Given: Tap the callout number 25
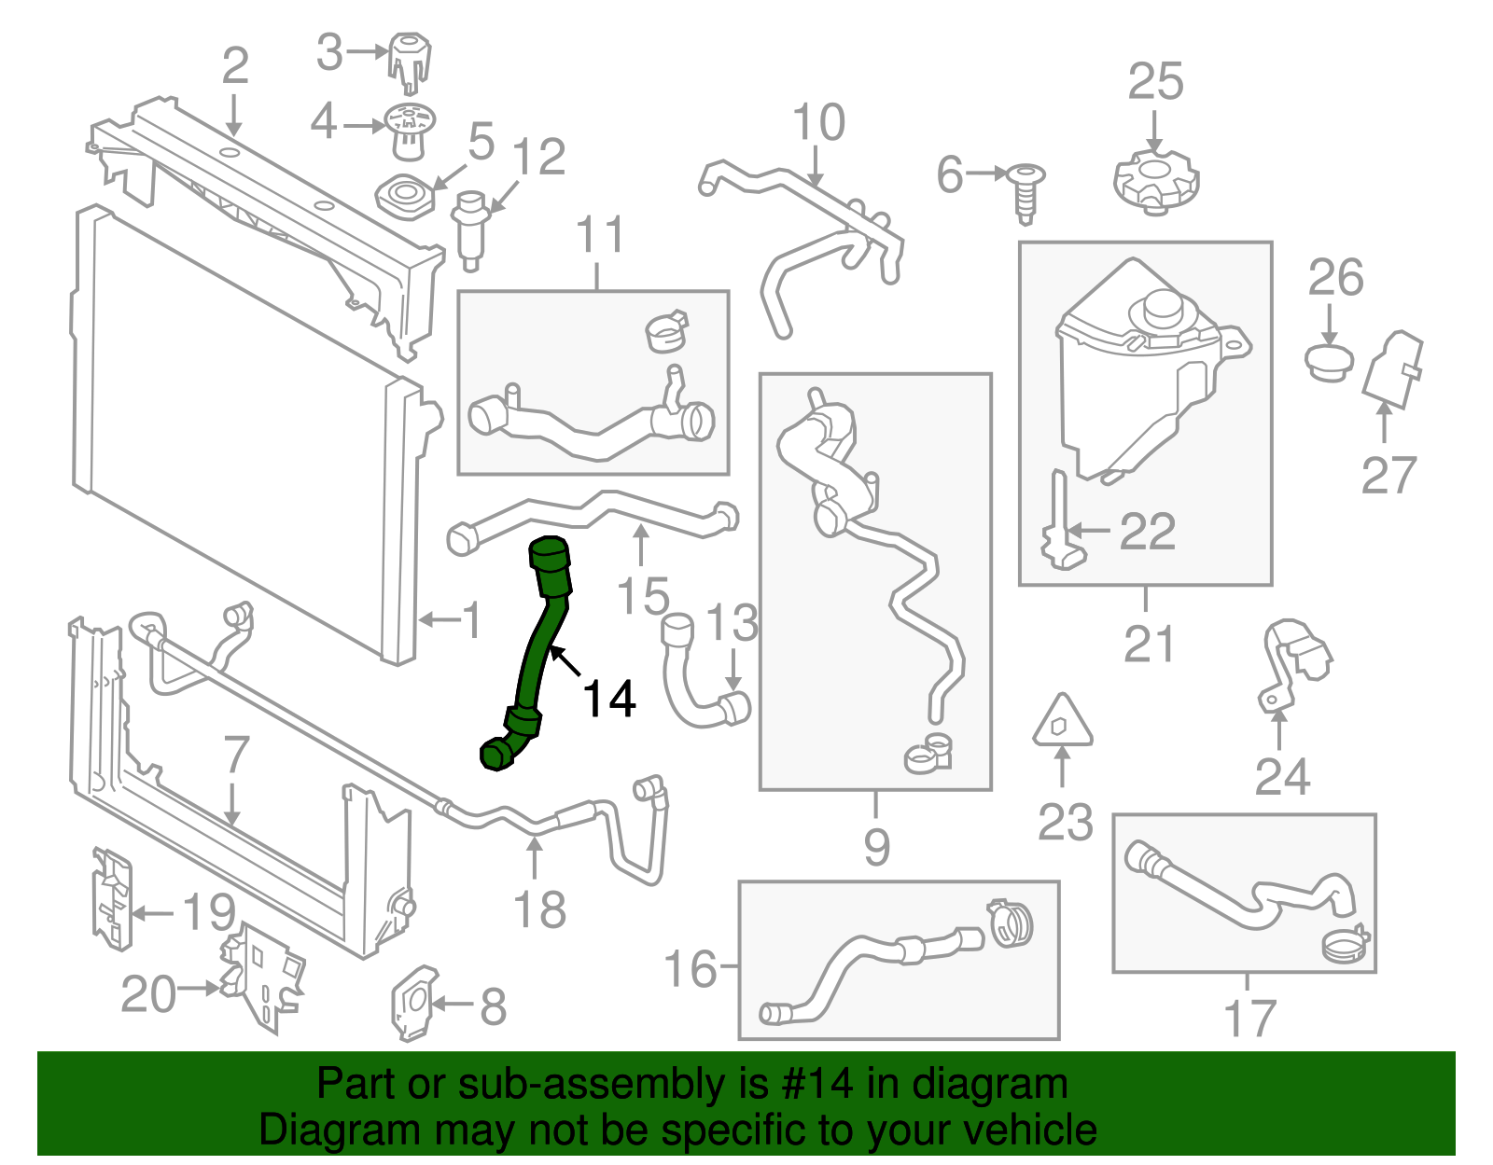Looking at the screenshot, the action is tap(1155, 82).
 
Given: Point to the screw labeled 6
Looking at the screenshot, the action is tap(1026, 193).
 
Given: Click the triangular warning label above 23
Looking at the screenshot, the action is tap(1062, 722).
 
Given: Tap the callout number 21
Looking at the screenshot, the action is tap(1149, 644).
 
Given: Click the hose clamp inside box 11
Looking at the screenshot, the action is tap(667, 331).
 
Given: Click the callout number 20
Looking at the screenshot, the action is tap(148, 994).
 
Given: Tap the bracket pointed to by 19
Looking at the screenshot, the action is tap(112, 898).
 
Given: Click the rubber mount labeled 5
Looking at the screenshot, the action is tap(406, 197).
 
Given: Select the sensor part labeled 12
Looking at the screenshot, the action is tap(469, 230).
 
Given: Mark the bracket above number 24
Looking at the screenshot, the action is tap(1291, 662).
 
